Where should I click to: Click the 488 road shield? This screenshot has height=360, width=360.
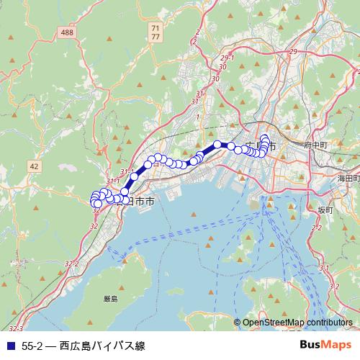point(68,33)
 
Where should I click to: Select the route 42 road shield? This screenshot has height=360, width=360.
point(34,166)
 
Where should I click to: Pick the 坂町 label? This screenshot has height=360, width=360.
point(325,210)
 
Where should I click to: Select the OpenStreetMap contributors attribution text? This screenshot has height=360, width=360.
point(297,323)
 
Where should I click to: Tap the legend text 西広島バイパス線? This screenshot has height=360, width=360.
point(102,346)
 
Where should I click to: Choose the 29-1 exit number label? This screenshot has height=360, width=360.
point(228,57)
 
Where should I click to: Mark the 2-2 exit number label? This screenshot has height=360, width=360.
point(316,227)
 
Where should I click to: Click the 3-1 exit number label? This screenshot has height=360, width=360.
point(324,267)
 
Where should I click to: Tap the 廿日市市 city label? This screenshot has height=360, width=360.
point(135,202)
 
